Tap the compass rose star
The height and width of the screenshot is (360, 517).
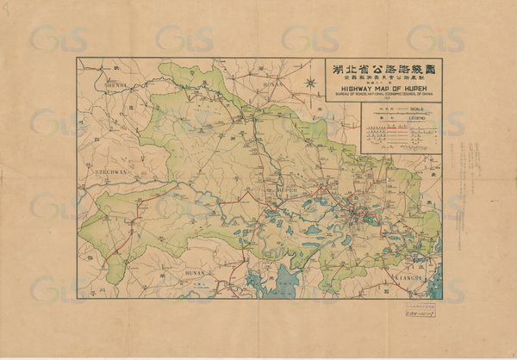click(311, 84)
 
